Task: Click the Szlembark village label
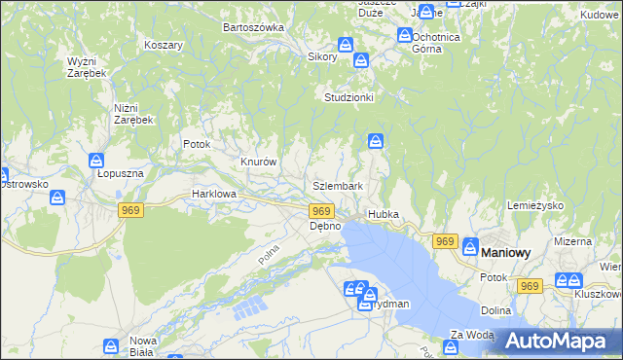338,186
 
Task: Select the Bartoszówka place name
252,27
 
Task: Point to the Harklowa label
215,194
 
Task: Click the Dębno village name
325,226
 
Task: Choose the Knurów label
260,162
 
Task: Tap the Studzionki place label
349,97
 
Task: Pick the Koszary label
164,46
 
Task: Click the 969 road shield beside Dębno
322,211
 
